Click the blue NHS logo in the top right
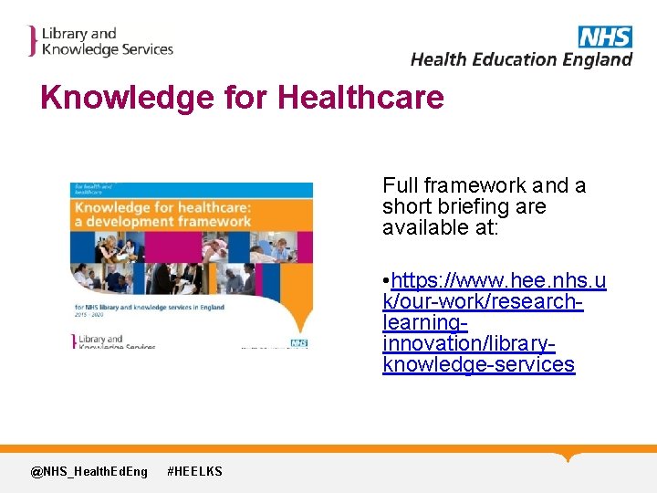pyautogui.click(x=604, y=37)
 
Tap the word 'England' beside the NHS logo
pyautogui.click(x=597, y=59)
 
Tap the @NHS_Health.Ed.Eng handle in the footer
pyautogui.click(x=89, y=471)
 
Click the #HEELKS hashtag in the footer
pyautogui.click(x=194, y=471)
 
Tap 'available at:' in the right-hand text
pyautogui.click(x=440, y=228)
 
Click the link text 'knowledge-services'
pyautogui.click(x=478, y=365)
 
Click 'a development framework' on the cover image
pyautogui.click(x=163, y=221)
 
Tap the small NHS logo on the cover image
pyautogui.click(x=298, y=343)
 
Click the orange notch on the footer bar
pyautogui.click(x=568, y=456)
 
